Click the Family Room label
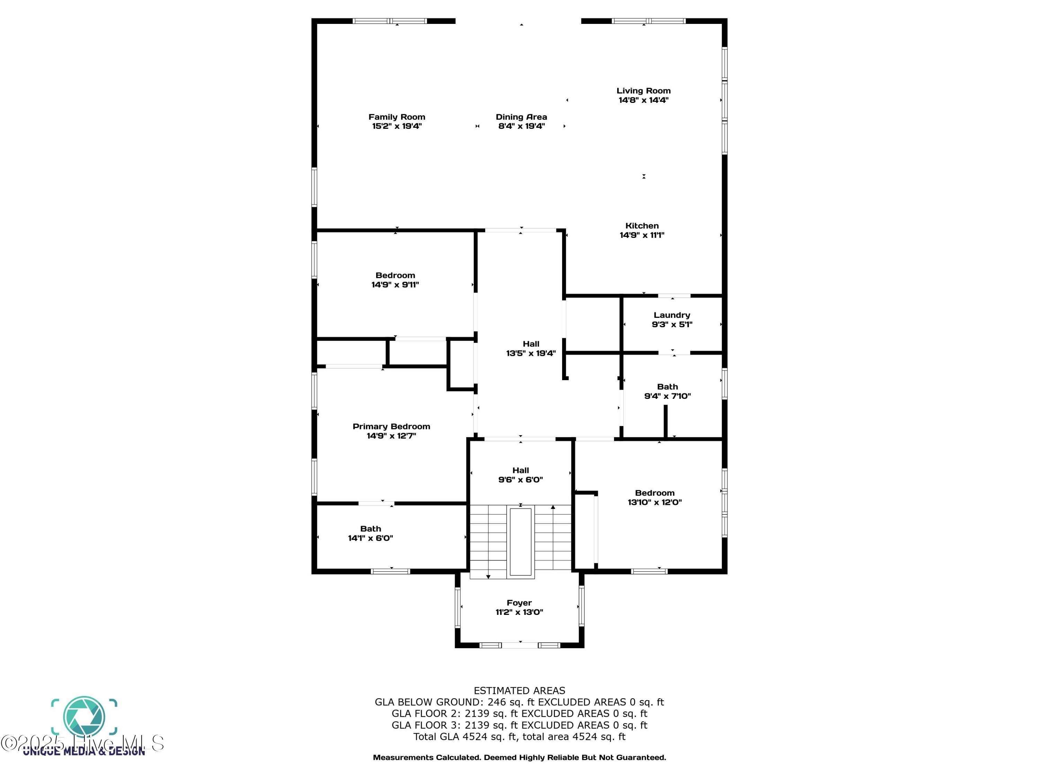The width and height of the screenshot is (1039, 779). pos(397,117)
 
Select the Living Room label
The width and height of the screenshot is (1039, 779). pos(643,91)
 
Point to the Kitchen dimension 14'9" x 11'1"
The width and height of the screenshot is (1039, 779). pos(642,235)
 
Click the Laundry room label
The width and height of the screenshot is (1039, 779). pos(672,315)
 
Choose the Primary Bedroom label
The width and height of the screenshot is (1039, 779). pos(391,426)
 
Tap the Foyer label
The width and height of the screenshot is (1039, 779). pos(519,603)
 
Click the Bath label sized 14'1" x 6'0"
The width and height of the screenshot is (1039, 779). pos(371,529)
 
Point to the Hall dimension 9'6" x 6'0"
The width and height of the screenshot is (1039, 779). pos(521,480)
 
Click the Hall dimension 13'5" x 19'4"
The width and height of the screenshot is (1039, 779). pos(531,353)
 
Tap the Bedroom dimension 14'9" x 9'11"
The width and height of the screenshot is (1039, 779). pos(395,285)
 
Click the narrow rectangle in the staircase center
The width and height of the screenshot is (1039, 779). pos(521,541)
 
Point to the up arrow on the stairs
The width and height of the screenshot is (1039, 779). pos(553,508)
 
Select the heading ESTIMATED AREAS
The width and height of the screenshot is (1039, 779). pos(519,691)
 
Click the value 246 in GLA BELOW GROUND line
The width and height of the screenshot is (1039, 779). pos(497,702)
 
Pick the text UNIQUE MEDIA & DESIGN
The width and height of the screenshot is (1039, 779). pos(84,752)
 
